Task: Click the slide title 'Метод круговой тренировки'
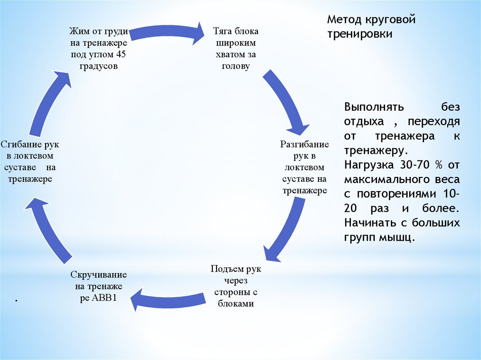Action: (x=372, y=27)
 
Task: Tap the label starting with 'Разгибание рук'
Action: (x=304, y=167)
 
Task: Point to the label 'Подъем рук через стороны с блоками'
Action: (x=236, y=286)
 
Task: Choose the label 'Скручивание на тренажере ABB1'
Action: (x=99, y=286)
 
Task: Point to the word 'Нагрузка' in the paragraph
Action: (x=365, y=165)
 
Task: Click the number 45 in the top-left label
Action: (x=120, y=55)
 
